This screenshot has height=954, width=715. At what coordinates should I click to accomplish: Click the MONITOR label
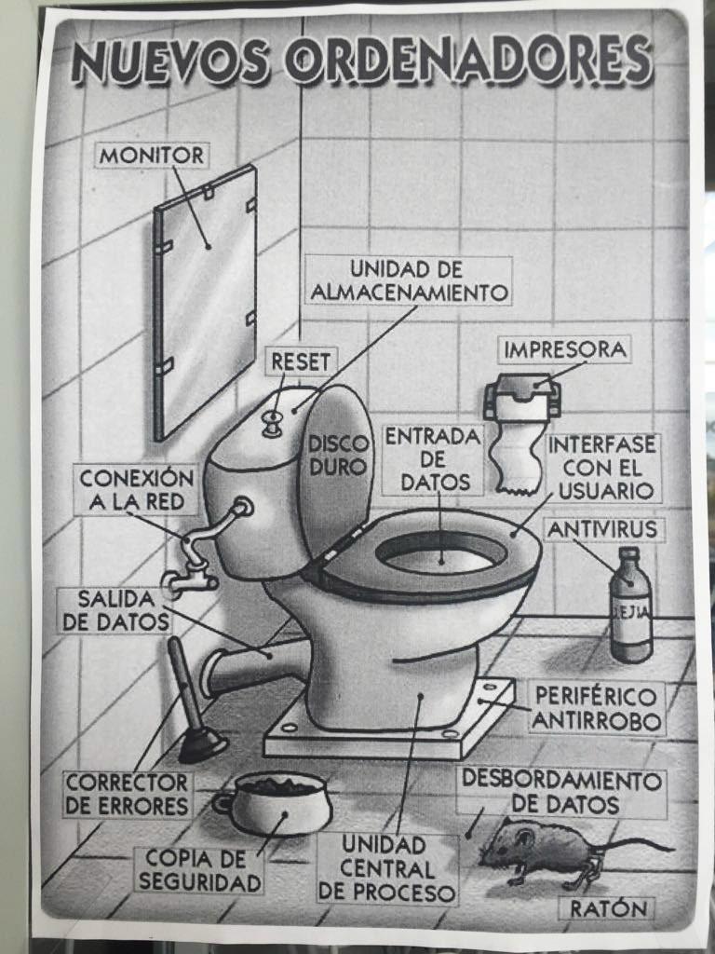coord(152,156)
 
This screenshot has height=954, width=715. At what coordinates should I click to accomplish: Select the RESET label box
coord(301,362)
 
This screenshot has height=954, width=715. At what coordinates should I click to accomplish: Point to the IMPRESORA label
coord(565,350)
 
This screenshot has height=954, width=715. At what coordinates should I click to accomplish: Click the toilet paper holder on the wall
coord(521,397)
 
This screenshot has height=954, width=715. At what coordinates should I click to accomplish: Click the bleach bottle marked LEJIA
coord(632,604)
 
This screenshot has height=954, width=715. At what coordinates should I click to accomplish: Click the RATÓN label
coord(607,908)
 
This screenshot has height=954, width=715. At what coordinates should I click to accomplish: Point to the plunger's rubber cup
coord(202,746)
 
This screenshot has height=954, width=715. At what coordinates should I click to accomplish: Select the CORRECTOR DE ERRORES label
coord(127,794)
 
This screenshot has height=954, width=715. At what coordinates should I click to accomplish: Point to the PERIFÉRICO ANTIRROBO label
coord(596,708)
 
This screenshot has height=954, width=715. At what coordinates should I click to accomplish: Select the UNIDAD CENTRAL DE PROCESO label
coord(386,868)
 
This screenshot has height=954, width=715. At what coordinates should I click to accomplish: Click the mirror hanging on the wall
coord(206,303)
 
